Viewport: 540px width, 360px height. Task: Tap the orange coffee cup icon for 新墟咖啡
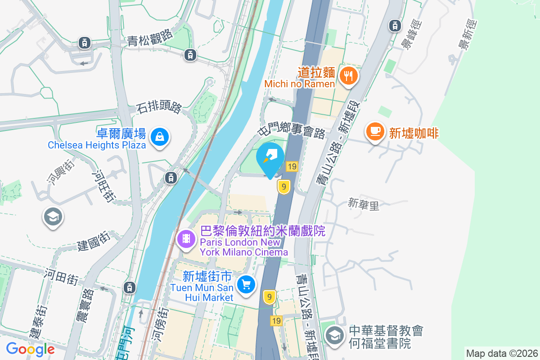(x=375, y=132)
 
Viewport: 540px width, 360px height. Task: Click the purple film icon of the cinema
(x=186, y=238)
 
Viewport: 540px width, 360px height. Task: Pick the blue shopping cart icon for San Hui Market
(x=246, y=284)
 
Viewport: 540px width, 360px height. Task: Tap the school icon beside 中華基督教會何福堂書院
(x=334, y=336)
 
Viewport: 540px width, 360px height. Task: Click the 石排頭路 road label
(x=159, y=108)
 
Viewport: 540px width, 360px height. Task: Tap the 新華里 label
(x=364, y=205)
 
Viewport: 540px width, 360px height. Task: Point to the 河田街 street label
(x=61, y=274)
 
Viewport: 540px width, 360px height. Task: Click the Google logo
(x=30, y=348)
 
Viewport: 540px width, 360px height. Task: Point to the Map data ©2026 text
(x=502, y=353)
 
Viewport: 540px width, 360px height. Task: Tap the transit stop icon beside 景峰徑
(x=396, y=26)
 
